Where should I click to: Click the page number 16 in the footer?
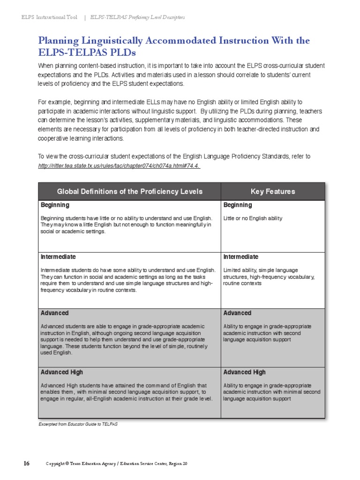click(x=27, y=464)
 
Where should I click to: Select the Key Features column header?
click(x=273, y=191)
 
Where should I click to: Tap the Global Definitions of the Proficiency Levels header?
click(x=129, y=191)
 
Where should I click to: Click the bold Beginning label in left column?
click(x=55, y=205)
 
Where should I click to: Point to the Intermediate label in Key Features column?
click(x=240, y=257)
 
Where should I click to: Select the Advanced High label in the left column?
click(x=62, y=372)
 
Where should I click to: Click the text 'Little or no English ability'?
click(x=253, y=218)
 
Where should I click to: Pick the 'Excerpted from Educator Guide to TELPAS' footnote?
click(x=77, y=424)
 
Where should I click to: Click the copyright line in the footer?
click(x=117, y=464)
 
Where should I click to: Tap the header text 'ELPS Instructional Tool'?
click(x=50, y=17)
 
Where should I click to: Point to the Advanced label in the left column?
click(x=55, y=313)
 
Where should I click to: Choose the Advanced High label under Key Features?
click(x=244, y=372)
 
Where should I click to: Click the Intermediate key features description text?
click(x=269, y=277)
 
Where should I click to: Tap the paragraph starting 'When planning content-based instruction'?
click(x=181, y=75)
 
